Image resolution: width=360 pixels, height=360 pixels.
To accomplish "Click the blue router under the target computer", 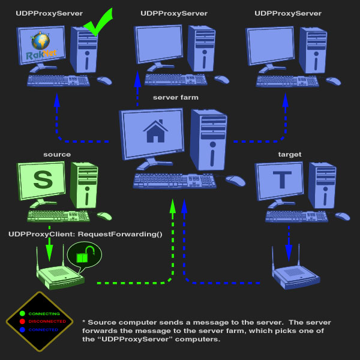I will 295,275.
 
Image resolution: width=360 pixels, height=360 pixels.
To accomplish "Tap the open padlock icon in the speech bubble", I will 83,256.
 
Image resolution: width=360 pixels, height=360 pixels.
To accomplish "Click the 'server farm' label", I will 175,97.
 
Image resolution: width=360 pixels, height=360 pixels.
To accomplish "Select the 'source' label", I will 57,154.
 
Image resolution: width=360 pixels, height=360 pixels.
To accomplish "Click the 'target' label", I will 289,154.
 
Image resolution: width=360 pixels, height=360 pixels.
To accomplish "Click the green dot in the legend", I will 22,313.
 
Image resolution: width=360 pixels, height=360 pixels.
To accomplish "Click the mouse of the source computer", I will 104,216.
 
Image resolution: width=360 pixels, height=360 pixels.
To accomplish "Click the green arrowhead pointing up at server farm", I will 173,206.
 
